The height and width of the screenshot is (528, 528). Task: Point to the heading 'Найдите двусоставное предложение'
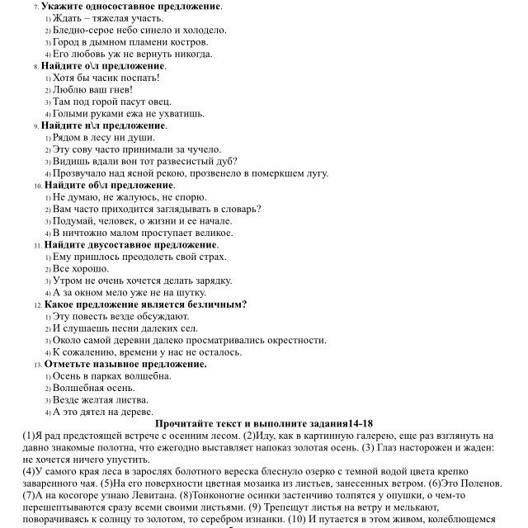pyautogui.click(x=131, y=245)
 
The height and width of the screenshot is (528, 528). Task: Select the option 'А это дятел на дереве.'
pyautogui.click(x=102, y=412)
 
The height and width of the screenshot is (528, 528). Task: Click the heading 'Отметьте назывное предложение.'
pyautogui.click(x=125, y=364)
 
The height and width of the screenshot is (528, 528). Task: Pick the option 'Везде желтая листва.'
pyautogui.click(x=101, y=400)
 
